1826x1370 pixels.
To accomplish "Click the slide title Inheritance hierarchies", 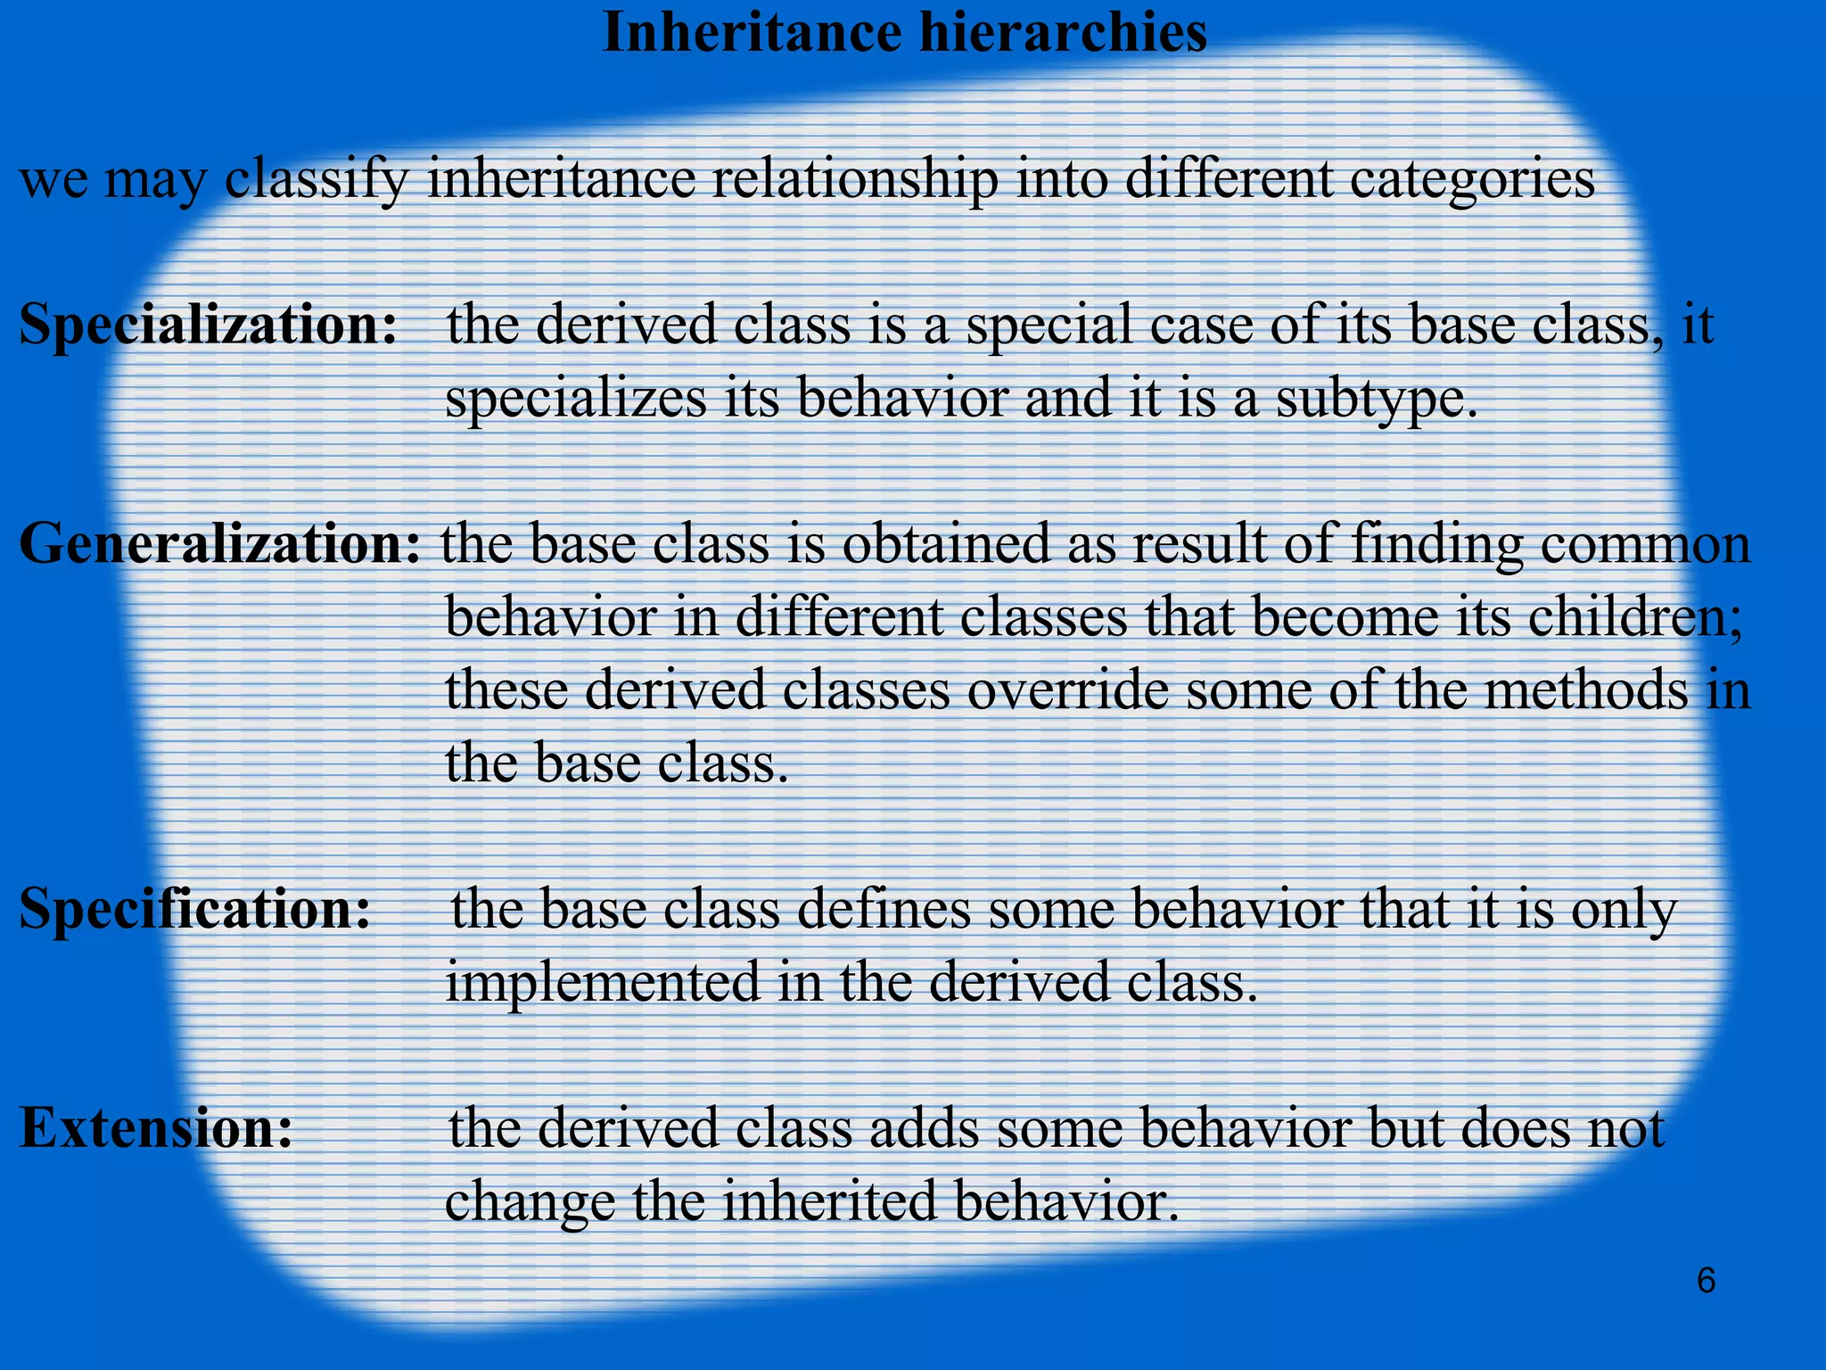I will [904, 34].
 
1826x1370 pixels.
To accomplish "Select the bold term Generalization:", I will [219, 544].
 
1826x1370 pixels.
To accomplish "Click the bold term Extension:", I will [157, 1127].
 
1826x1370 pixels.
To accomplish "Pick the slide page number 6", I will [1706, 1281].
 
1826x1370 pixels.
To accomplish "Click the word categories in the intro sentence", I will [1472, 179].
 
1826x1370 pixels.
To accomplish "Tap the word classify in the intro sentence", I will [317, 179].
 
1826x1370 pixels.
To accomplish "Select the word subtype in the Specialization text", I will [1375, 398].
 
